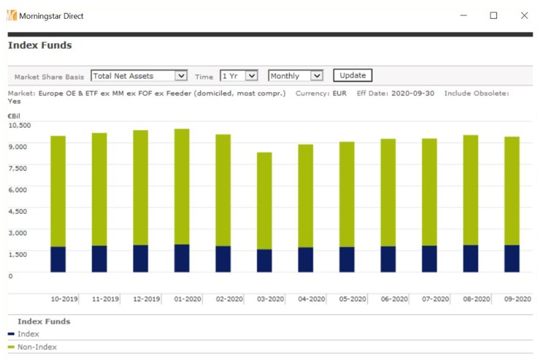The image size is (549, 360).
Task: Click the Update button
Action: pos(353,75)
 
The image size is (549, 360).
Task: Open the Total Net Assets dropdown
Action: pos(139,76)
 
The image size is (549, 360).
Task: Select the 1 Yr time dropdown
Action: pos(239,76)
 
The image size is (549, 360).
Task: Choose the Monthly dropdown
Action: pos(295,76)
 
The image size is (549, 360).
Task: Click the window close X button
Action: pos(524,15)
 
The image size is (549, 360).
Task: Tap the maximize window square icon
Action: pos(494,15)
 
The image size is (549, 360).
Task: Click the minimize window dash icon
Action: pos(463,15)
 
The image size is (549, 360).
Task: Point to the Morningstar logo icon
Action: pos(12,15)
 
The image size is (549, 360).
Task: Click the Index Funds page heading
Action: pos(39,45)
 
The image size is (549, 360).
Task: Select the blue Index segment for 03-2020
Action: pos(264,261)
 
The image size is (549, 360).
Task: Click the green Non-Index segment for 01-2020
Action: pos(182,186)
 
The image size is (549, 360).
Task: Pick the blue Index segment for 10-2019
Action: pos(58,259)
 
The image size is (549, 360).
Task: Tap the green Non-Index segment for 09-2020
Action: pos(512,191)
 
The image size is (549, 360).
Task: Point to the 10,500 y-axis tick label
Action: pos(20,125)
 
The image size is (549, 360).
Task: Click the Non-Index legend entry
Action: pos(37,347)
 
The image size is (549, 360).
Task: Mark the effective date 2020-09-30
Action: pos(412,93)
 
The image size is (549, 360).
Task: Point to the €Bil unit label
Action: pos(15,116)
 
